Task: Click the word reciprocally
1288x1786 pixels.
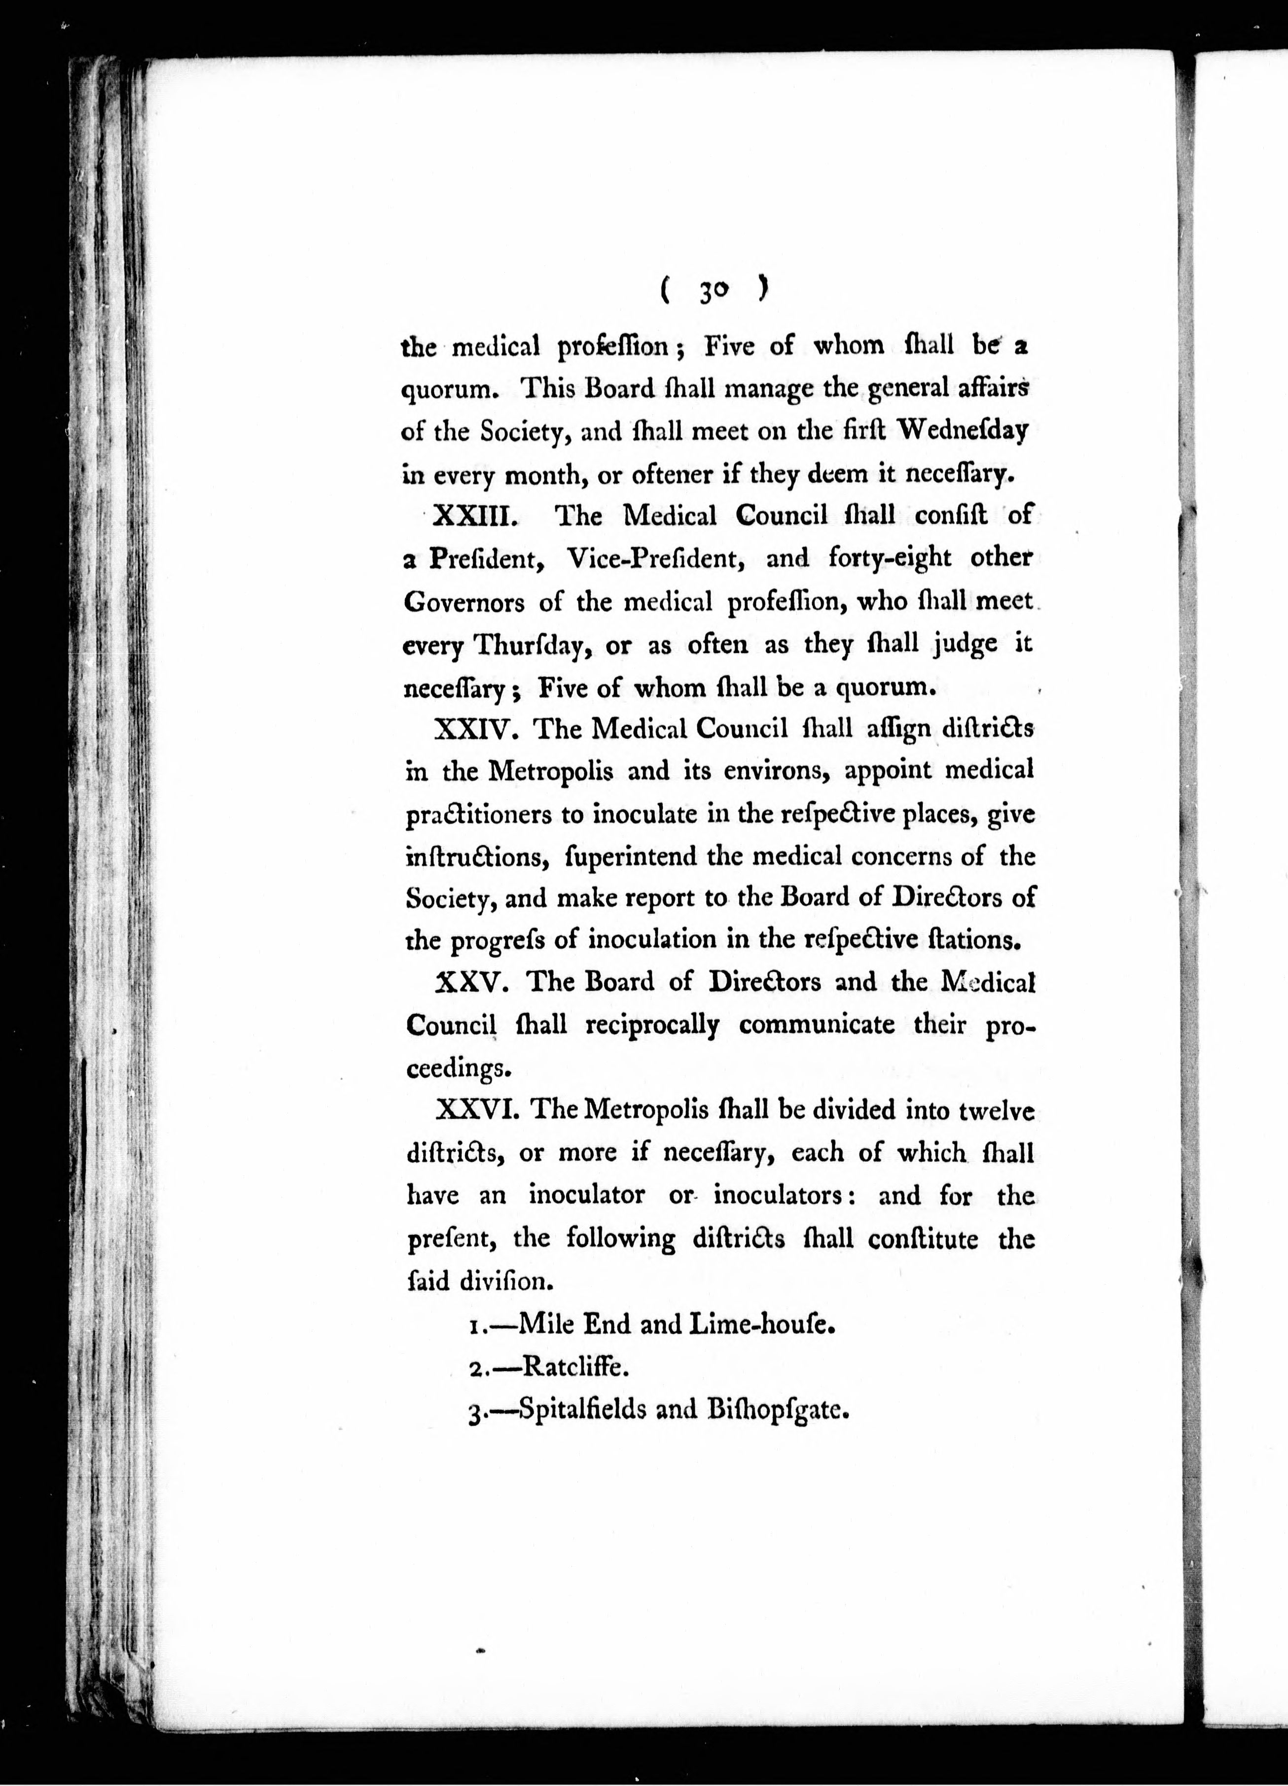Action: click(651, 1025)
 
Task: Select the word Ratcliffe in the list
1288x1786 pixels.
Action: click(575, 1368)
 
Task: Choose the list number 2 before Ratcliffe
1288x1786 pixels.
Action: click(475, 1370)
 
